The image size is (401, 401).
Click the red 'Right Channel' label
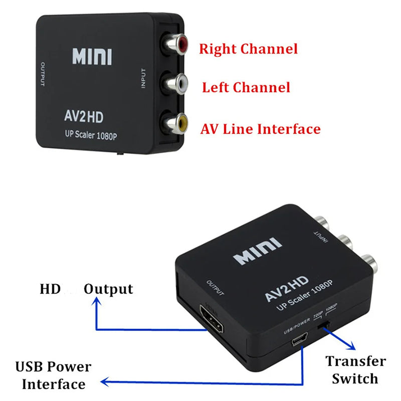click(x=248, y=49)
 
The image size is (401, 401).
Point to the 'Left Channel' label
click(x=246, y=88)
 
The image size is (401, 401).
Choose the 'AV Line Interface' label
click(x=260, y=129)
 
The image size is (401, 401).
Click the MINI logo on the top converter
click(x=92, y=57)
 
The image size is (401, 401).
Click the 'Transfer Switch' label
click(x=355, y=369)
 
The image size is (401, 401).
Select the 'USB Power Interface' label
click(x=53, y=375)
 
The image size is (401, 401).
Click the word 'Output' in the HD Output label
click(x=108, y=289)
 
